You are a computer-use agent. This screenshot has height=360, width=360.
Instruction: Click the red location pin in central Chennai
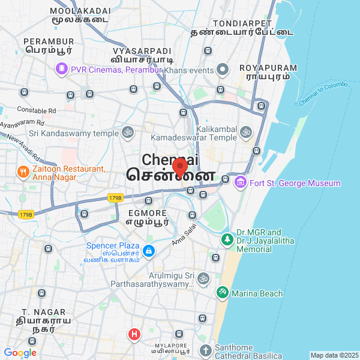point(179,166)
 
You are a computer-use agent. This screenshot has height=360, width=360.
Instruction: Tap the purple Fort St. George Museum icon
point(241,182)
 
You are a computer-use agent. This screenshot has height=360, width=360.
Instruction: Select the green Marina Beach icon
point(222,293)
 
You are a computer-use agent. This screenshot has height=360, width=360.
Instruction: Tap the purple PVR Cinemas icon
point(61,70)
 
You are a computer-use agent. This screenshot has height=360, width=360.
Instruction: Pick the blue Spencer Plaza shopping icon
point(149,251)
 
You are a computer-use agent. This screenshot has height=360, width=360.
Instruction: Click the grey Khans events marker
point(223,70)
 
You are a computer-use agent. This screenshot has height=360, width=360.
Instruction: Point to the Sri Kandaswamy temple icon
point(127,132)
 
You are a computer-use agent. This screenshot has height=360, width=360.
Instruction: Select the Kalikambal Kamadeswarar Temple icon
point(245,132)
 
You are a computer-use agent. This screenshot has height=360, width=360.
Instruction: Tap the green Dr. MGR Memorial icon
point(227,240)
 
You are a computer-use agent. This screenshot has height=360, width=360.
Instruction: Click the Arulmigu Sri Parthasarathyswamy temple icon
point(203,278)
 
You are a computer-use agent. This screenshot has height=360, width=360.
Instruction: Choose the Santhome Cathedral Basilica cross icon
point(205,351)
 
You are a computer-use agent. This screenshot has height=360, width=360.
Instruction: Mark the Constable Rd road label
point(36,110)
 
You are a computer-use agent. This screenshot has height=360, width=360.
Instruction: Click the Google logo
point(20,353)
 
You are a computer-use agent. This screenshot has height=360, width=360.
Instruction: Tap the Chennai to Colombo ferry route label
point(323,94)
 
